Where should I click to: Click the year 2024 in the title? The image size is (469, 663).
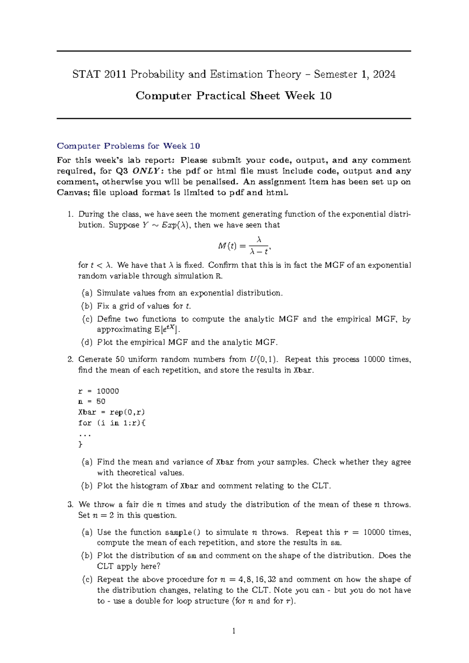coord(384,74)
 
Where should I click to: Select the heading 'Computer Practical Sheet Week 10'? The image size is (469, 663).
coord(234,96)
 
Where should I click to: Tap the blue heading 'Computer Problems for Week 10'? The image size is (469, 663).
coord(128,146)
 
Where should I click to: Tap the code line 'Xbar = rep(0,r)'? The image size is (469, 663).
coord(111,412)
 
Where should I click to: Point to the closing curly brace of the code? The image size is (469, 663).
coord(81,444)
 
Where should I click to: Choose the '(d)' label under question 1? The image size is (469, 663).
coord(87,342)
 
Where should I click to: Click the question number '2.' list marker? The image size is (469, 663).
coord(70,359)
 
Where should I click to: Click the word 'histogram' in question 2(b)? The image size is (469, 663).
coord(149,486)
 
